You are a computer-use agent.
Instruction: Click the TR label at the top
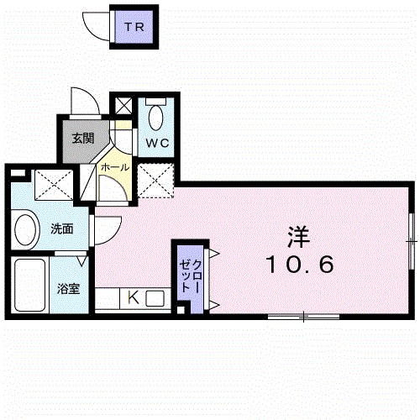point(134,27)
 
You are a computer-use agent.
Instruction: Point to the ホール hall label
point(114,167)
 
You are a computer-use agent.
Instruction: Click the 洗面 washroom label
point(60,228)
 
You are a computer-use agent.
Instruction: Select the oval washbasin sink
point(27,228)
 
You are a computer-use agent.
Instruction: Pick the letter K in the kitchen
point(132,297)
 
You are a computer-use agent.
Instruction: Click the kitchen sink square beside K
point(155,297)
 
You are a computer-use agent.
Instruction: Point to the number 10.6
point(301,265)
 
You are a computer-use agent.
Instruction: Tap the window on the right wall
point(411,241)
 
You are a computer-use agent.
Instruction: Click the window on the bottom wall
point(303,317)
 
